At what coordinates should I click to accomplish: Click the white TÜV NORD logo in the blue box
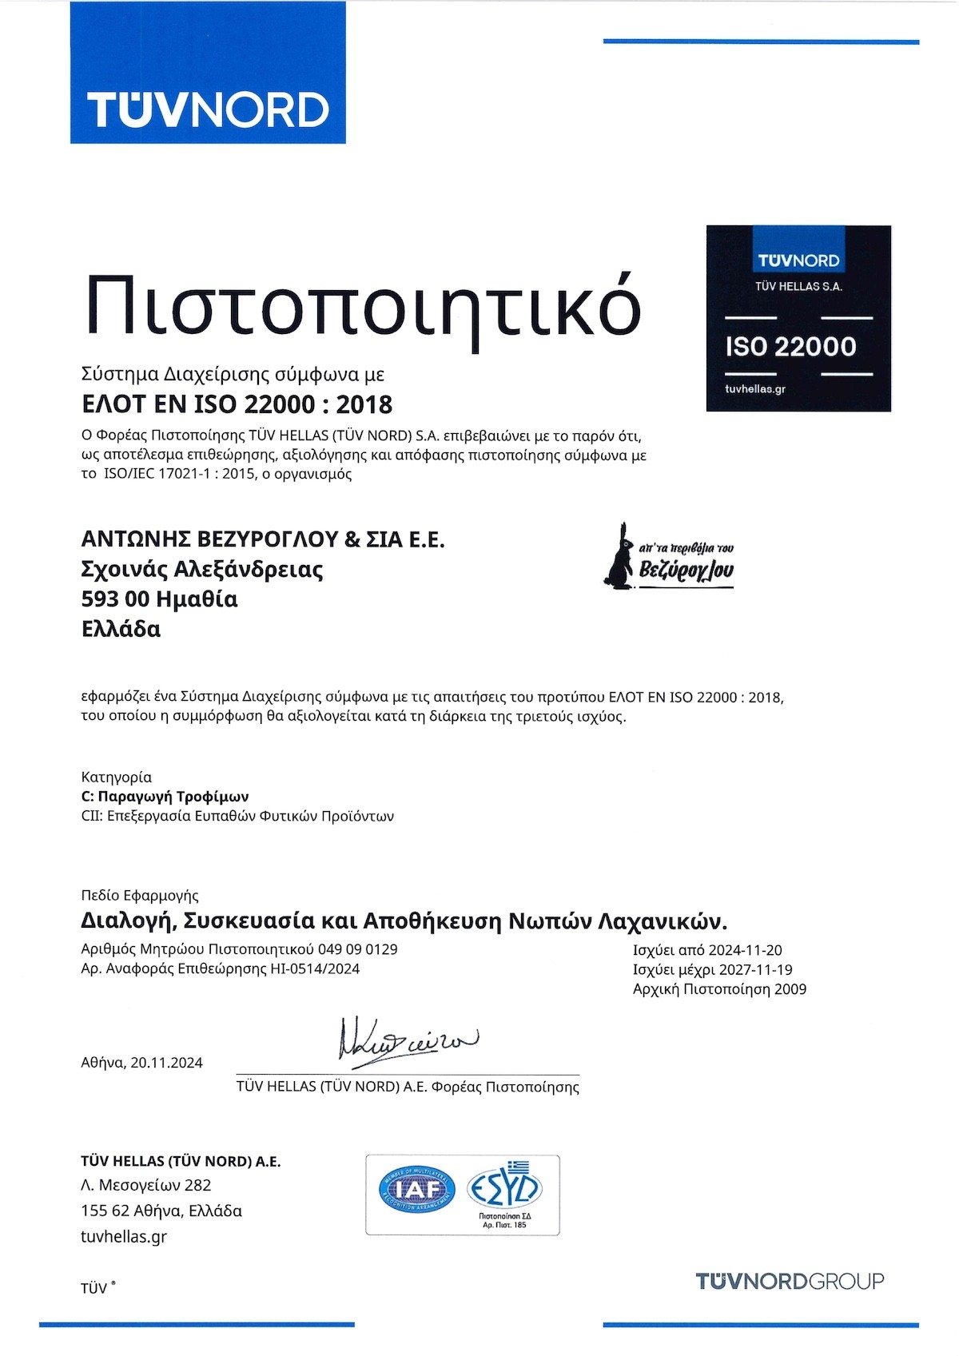[208, 109]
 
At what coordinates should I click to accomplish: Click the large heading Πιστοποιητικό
[363, 306]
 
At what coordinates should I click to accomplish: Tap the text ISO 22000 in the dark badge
[790, 346]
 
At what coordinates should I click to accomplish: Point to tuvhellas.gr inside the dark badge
[755, 389]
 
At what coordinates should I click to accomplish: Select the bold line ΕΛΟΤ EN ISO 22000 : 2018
[237, 404]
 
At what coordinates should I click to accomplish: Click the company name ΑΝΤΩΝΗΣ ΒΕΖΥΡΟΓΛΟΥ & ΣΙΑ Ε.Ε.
[263, 539]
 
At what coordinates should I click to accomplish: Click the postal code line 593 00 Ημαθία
[160, 599]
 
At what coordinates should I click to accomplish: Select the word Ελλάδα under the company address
[121, 630]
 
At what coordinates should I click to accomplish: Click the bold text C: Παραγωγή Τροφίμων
[165, 797]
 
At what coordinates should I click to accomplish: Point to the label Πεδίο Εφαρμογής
[140, 896]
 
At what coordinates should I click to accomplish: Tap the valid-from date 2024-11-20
[744, 950]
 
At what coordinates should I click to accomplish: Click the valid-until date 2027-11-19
[755, 969]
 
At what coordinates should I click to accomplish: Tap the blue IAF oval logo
[416, 1189]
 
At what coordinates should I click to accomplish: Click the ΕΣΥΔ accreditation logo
[504, 1188]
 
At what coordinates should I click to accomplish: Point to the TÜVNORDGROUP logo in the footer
[790, 1281]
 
